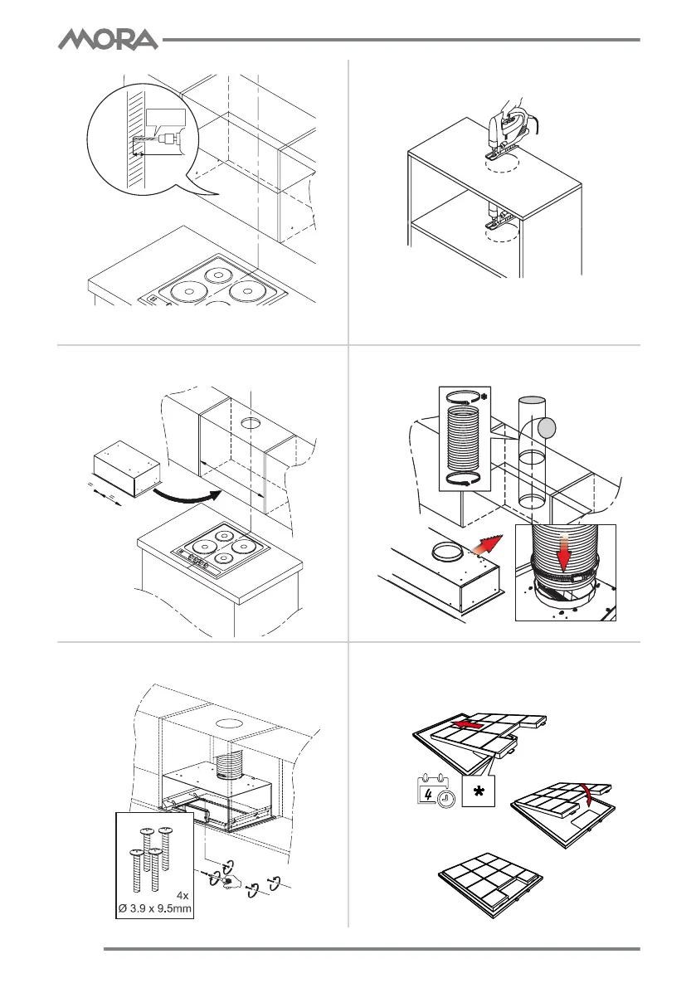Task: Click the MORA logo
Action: (108, 39)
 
